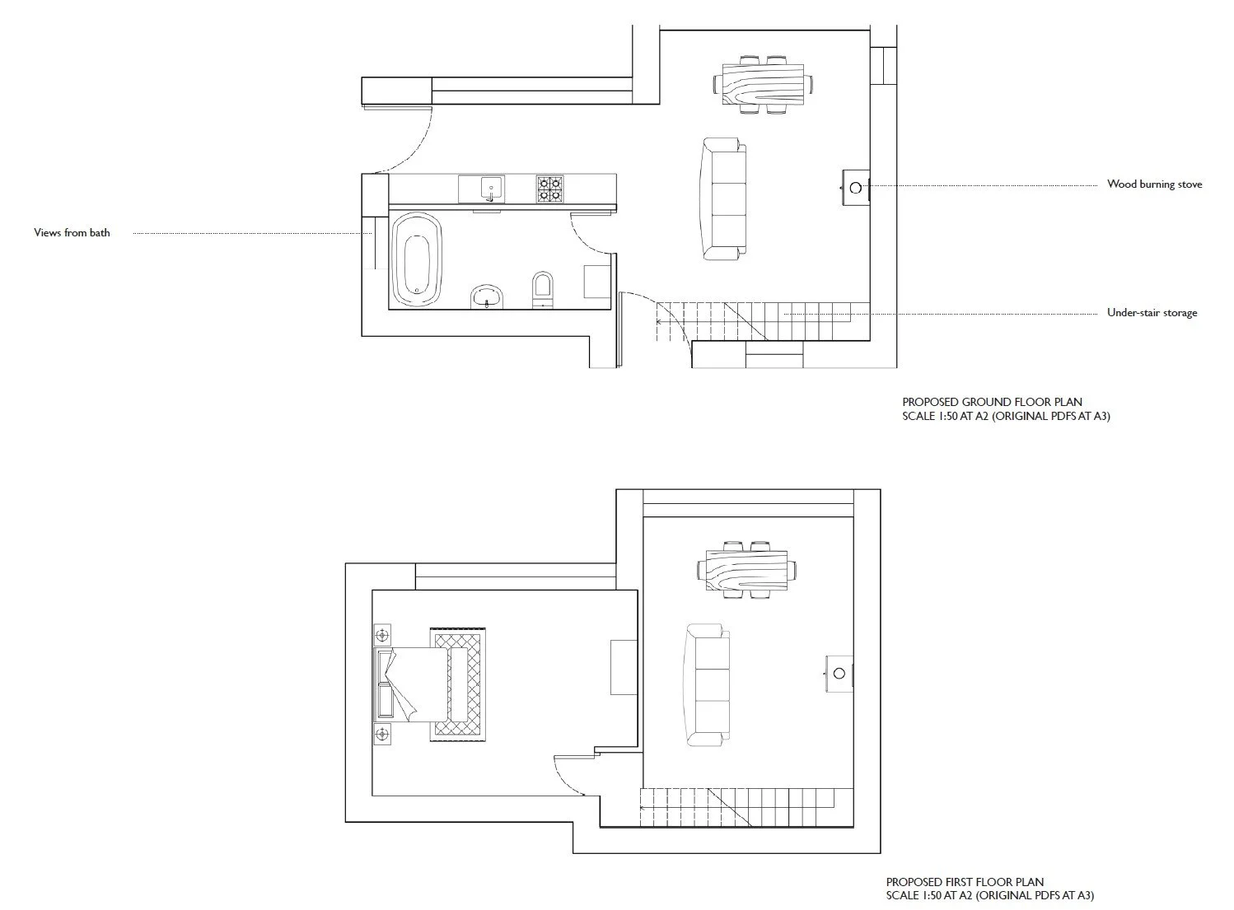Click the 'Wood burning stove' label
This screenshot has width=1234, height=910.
tap(1153, 184)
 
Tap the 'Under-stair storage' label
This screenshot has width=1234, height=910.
tap(1152, 313)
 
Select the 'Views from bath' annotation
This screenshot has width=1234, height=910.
tap(72, 233)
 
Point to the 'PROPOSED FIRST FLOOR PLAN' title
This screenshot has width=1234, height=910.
tap(965, 882)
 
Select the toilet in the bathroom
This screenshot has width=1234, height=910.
tap(542, 287)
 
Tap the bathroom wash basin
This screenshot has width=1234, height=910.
tap(487, 296)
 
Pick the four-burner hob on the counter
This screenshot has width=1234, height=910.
tap(549, 189)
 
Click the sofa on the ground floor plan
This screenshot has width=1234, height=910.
tap(724, 200)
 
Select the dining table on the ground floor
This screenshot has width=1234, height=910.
tap(762, 84)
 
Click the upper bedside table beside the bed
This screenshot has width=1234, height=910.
tap(382, 635)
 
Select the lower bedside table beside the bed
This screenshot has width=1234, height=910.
tap(382, 734)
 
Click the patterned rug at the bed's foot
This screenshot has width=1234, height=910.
tap(460, 684)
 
